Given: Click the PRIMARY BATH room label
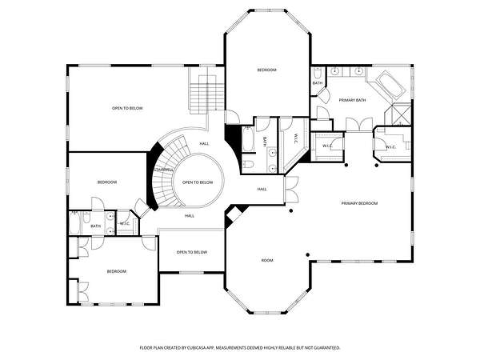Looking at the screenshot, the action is (x=352, y=100).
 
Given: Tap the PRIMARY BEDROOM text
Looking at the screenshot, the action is (x=359, y=203).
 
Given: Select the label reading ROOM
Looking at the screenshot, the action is (x=267, y=261).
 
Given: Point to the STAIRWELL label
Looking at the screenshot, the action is (x=163, y=170).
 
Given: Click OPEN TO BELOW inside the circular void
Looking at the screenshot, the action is (x=198, y=182).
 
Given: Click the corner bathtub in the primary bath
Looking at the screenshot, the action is (x=391, y=85).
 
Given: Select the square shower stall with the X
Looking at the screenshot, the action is (x=402, y=114).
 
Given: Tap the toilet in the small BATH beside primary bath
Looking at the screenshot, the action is (x=317, y=73).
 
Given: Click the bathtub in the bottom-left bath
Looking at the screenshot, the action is (x=74, y=223).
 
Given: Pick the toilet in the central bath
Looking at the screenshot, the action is (x=248, y=164).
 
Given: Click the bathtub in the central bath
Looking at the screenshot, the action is (x=248, y=139).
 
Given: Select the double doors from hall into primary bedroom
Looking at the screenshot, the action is (x=291, y=189).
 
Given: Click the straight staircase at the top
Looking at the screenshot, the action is (x=207, y=94).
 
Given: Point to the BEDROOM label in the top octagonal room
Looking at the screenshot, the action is (x=266, y=70).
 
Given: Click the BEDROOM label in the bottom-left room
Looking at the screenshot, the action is (x=117, y=271).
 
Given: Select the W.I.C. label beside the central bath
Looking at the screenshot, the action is (x=296, y=137).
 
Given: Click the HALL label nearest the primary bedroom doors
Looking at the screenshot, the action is (x=262, y=189).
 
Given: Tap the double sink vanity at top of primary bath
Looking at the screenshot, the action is (x=347, y=72).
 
